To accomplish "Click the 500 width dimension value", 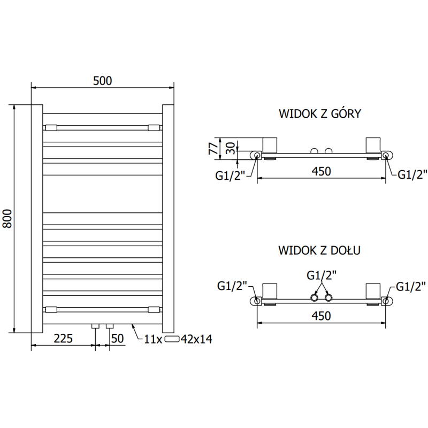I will pyautogui.click(x=102, y=81).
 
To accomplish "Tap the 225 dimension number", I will pyautogui.click(x=63, y=338).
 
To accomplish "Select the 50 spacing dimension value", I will pyautogui.click(x=118, y=338).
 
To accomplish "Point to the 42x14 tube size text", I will pyautogui.click(x=197, y=339).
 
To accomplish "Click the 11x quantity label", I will pyautogui.click(x=152, y=339).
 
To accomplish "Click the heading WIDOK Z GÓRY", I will pyautogui.click(x=320, y=114).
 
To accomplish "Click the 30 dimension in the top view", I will pyautogui.click(x=230, y=148).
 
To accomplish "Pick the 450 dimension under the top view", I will pyautogui.click(x=321, y=171).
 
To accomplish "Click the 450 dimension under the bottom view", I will pyautogui.click(x=321, y=316).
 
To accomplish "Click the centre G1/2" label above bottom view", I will pyautogui.click(x=321, y=276).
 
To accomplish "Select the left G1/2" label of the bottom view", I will pyautogui.click(x=232, y=286).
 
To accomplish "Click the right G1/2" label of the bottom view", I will pyautogui.click(x=411, y=286).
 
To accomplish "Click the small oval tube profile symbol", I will pyautogui.click(x=172, y=339).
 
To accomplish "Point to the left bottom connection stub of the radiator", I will pyautogui.click(x=95, y=325).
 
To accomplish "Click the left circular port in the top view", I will pyautogui.click(x=257, y=156).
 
